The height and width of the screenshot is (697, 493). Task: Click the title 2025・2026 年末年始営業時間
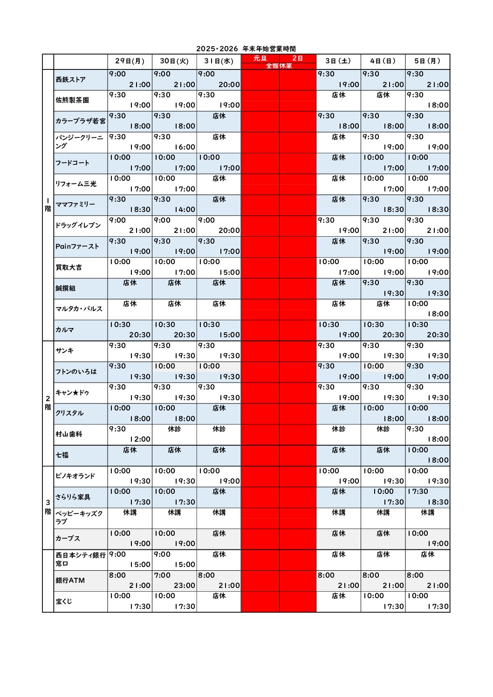(x=246, y=49)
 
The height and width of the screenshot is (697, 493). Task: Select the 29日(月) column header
(x=130, y=61)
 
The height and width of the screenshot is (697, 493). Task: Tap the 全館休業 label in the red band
(x=279, y=66)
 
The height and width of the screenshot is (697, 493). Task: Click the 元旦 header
(x=260, y=58)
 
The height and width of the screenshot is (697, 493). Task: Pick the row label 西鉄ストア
(x=71, y=80)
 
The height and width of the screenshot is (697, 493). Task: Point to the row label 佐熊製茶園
(x=72, y=100)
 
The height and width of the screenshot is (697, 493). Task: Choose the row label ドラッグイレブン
(x=78, y=225)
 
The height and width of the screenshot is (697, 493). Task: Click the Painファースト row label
(x=77, y=246)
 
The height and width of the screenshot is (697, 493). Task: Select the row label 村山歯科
(x=68, y=434)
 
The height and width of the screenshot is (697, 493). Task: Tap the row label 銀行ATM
(x=70, y=581)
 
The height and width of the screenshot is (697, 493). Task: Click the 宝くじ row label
(x=64, y=601)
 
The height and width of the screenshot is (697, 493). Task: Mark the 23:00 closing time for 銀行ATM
(x=185, y=586)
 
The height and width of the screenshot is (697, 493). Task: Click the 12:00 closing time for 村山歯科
(x=140, y=439)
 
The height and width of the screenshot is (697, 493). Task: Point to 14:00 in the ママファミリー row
(x=185, y=210)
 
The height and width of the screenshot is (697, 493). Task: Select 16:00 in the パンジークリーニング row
(x=185, y=147)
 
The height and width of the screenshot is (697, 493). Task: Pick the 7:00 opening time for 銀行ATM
(x=162, y=575)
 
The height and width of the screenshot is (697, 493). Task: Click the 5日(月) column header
(x=427, y=61)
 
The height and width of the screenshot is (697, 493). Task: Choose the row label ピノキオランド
(x=75, y=476)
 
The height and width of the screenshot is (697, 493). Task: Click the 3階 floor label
(x=48, y=507)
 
